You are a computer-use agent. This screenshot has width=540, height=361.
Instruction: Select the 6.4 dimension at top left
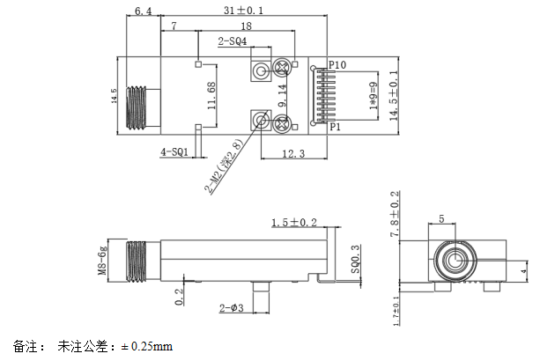pyautogui.click(x=144, y=11)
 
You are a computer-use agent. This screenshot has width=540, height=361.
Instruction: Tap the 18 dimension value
pyautogui.click(x=246, y=27)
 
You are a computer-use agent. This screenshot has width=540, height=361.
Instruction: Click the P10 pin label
pyautogui.click(x=337, y=65)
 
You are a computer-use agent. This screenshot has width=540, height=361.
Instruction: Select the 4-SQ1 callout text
pyautogui.click(x=173, y=151)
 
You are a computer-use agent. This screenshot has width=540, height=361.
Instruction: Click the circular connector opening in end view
pyautogui.click(x=455, y=261)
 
